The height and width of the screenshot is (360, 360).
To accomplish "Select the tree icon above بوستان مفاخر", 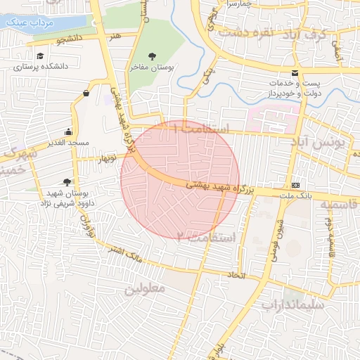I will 153,56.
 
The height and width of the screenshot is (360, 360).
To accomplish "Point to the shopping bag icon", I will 86,93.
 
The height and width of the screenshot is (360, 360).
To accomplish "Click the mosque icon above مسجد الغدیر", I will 68,131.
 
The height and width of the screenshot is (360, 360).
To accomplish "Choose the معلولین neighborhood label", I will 145,288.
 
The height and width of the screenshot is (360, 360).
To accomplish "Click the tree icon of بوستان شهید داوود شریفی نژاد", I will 67,181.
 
